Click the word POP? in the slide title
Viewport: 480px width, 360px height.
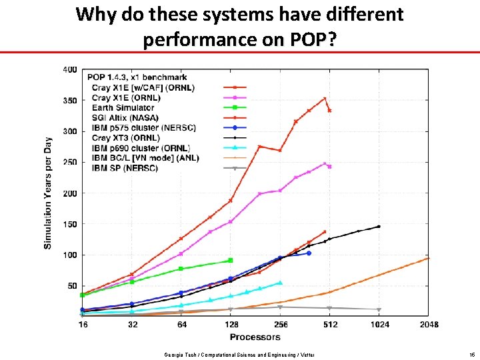tap(312, 40)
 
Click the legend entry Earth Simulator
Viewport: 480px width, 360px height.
tap(123, 107)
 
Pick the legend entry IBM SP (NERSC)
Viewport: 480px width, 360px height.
tap(125, 168)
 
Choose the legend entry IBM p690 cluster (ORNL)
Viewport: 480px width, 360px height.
tap(141, 148)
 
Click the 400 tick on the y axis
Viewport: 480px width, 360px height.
tap(69, 69)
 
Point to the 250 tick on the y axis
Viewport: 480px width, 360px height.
tap(69, 162)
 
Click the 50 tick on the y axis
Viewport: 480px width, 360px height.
tap(71, 286)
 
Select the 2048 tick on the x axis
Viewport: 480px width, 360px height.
tap(429, 325)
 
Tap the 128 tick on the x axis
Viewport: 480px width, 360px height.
tap(231, 325)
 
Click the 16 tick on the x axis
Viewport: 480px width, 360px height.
tap(83, 325)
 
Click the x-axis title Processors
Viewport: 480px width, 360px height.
tap(255, 337)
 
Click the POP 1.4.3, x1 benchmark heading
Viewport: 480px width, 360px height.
tap(138, 77)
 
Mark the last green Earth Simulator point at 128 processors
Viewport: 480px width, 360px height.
tap(231, 260)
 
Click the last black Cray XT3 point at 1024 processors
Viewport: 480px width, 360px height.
tap(379, 227)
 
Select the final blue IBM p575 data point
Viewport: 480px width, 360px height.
tap(309, 253)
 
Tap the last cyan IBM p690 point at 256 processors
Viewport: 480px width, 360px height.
tap(280, 283)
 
